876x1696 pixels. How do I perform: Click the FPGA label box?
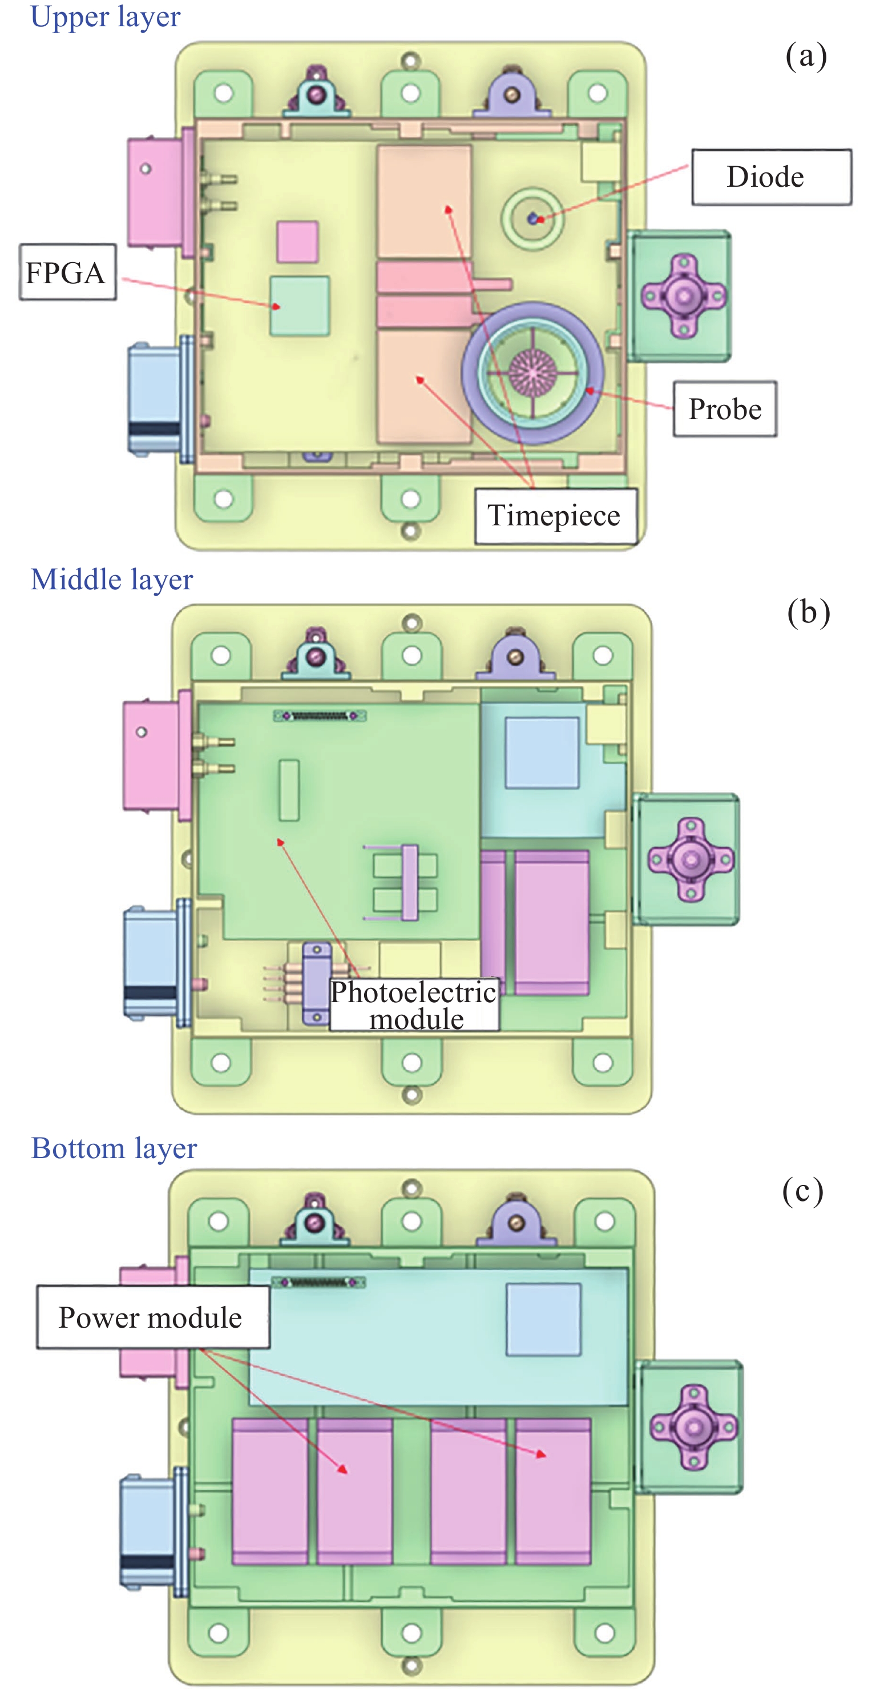67,272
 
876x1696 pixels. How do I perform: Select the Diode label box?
770,177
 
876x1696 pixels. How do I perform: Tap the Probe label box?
725,409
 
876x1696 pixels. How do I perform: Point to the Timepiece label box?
555,516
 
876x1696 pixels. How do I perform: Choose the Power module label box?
152,1317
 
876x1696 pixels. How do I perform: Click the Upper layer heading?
106,17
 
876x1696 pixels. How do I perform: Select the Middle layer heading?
112,580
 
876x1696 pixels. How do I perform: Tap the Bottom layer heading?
114,1148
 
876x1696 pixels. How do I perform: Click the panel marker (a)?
806,56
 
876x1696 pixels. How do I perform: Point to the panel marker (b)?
808,612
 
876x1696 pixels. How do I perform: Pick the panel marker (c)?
802,1191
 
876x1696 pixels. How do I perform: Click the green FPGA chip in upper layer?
300,306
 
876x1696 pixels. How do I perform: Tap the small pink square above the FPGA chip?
297,242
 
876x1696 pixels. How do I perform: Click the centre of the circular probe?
532,373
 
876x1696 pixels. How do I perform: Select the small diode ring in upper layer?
532,219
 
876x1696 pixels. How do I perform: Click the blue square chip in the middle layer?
542,753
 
